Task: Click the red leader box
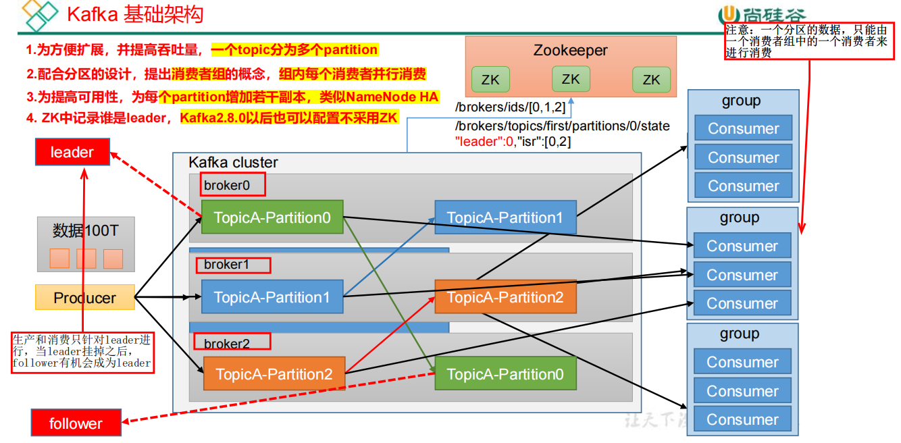point(72,152)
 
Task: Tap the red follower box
point(76,423)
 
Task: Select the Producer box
point(85,298)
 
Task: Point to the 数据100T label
point(86,230)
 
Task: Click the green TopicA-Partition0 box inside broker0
point(272,217)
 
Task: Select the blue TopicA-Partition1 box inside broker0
point(505,217)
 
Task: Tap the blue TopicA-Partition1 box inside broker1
point(272,297)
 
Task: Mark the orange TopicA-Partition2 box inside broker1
point(505,297)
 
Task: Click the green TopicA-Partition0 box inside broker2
point(505,374)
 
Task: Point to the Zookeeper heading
point(570,50)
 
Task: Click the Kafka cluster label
point(233,163)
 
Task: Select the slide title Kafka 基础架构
point(135,14)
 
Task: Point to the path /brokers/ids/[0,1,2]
point(511,107)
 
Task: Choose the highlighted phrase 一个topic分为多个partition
point(294,50)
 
